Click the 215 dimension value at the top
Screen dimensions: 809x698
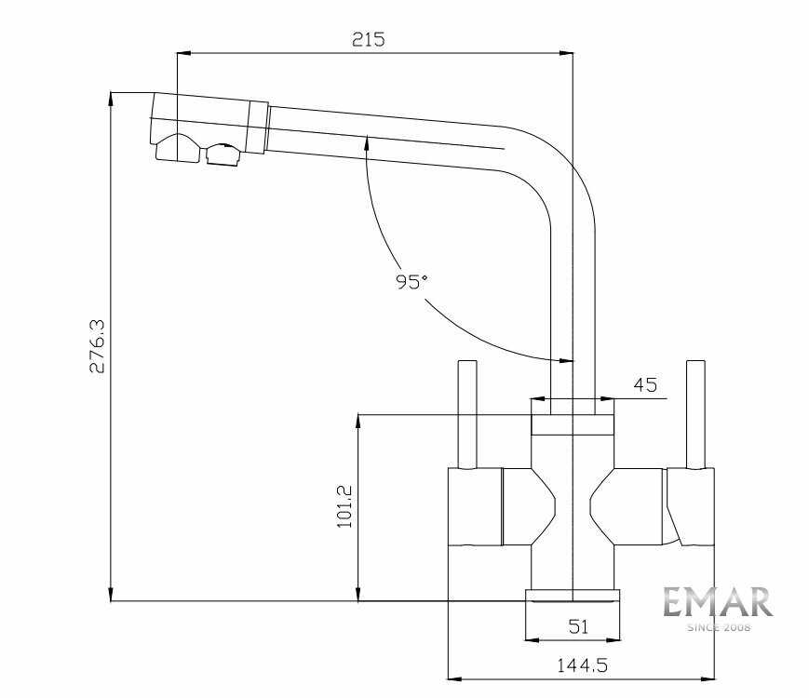coord(369,39)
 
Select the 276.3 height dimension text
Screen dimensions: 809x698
coord(97,345)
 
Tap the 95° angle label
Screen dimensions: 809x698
coord(411,281)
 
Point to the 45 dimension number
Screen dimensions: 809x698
coord(645,384)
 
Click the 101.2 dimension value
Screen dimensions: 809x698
coord(344,506)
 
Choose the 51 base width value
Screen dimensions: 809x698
coord(578,626)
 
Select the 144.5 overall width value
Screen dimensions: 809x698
coord(582,665)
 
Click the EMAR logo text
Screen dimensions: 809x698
coord(718,602)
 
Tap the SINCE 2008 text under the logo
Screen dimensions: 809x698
coord(719,628)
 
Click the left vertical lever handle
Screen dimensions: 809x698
coord(467,415)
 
